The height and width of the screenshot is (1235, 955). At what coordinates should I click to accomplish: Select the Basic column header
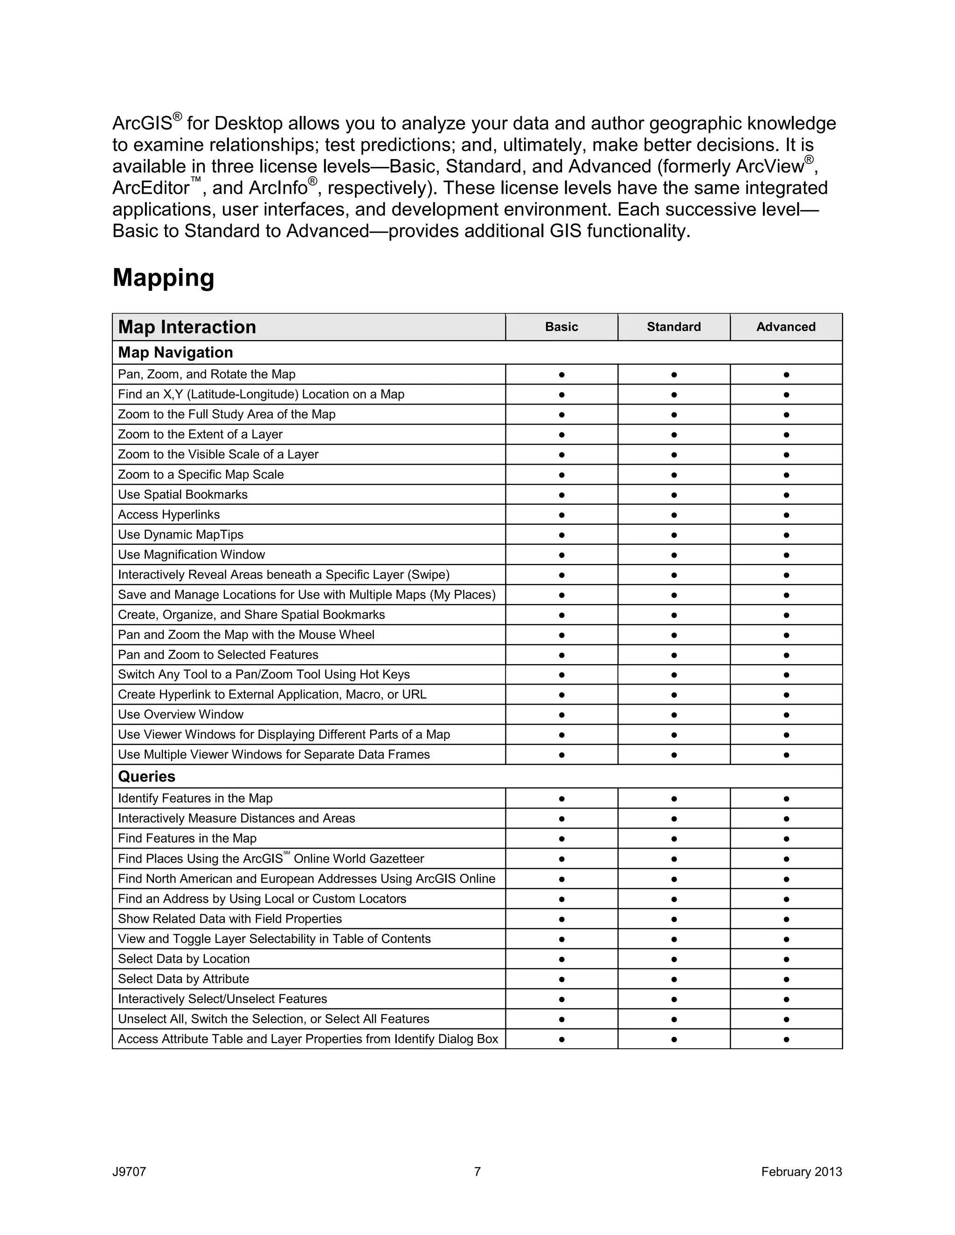click(561, 327)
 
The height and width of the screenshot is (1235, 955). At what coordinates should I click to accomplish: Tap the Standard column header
click(673, 327)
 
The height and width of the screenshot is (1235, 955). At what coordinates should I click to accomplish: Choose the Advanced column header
click(785, 327)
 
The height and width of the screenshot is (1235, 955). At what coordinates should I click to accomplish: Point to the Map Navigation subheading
click(175, 352)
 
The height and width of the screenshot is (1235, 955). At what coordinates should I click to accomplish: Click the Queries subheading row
click(146, 776)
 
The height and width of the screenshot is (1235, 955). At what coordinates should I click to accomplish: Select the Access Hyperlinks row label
click(169, 515)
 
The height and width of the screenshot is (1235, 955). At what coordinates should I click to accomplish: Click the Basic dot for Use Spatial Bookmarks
click(561, 495)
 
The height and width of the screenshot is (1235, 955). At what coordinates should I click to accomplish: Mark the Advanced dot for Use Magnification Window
click(786, 555)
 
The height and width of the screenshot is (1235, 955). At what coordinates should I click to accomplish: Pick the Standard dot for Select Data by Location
click(673, 959)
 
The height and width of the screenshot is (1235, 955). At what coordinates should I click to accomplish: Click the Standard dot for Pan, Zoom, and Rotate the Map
click(673, 374)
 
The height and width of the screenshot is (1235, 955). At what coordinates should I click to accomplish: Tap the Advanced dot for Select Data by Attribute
click(786, 979)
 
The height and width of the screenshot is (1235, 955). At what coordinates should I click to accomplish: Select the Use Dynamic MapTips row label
click(180, 535)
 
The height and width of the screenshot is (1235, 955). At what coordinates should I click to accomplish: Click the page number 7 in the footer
click(477, 1171)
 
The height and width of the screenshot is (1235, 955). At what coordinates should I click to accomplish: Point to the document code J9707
click(129, 1172)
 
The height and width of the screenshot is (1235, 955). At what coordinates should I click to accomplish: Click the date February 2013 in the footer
click(801, 1172)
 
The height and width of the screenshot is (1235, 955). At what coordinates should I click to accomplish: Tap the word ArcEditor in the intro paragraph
click(151, 188)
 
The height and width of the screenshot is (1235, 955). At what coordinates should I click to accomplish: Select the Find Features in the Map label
click(187, 838)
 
